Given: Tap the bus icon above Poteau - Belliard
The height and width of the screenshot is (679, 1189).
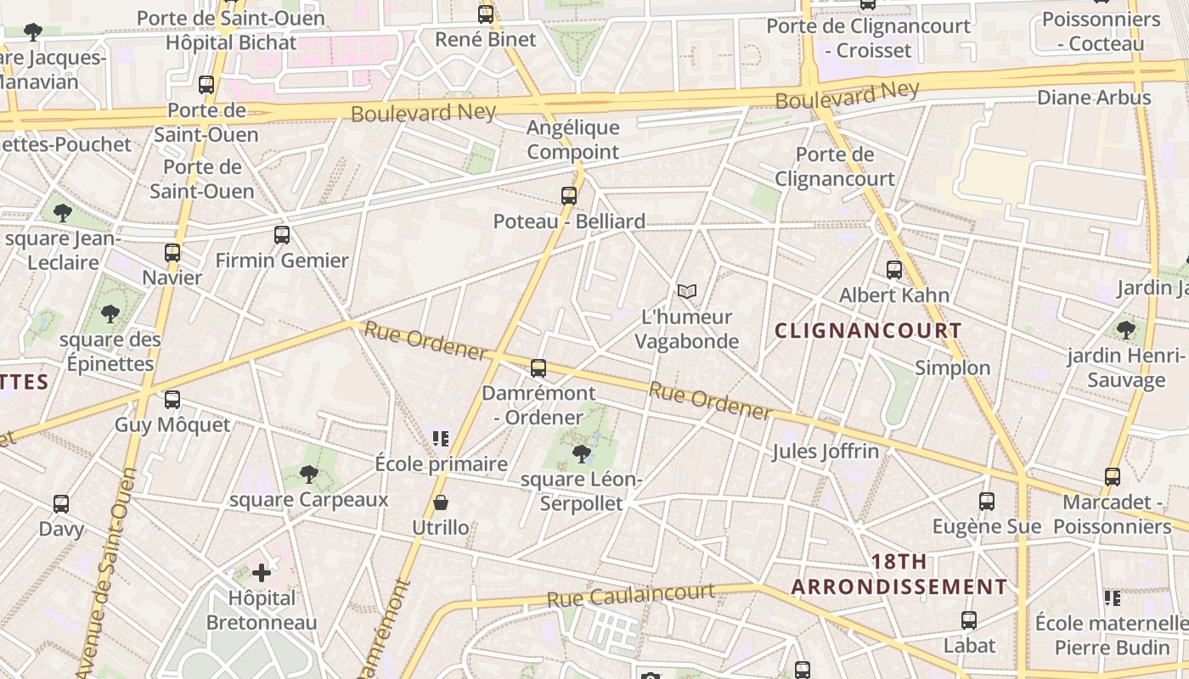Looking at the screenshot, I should pos(569,196).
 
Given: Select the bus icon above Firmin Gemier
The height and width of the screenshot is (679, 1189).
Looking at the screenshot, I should pos(282,235).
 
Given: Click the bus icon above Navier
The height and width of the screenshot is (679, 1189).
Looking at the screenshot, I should pos(172,253).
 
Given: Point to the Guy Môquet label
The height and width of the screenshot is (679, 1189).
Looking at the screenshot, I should pos(172,424).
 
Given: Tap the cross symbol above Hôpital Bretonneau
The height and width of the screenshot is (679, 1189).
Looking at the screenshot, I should pos(262,573).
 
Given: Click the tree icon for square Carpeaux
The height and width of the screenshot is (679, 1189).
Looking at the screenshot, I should pos(309,474).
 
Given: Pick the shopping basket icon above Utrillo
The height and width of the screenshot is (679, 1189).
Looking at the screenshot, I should pos(441,502).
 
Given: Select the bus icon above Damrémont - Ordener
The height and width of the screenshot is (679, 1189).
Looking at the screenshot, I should pos(538,368).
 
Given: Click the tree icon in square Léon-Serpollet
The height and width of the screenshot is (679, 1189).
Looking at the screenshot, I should pos(582,454).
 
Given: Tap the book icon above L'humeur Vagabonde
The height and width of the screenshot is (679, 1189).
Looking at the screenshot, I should pos(686,292).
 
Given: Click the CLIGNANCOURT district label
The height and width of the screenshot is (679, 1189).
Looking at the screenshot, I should pos(868,331).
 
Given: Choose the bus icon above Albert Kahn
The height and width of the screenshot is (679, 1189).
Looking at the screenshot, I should pos(894,270).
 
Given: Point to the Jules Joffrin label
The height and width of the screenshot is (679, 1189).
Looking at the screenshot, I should pos(825,451).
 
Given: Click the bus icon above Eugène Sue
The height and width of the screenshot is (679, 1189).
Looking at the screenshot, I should pos(987,502).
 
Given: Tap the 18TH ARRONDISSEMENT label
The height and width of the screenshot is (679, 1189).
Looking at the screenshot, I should pos(899,575).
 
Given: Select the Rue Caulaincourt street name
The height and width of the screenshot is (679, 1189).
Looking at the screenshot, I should pos(630,595).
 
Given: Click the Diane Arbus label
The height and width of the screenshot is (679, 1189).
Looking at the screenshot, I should pos(1094,98).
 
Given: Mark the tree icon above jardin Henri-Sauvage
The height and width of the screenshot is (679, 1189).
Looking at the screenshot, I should pos(1126,329).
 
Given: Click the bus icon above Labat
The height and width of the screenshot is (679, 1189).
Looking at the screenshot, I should pos(969,620).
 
